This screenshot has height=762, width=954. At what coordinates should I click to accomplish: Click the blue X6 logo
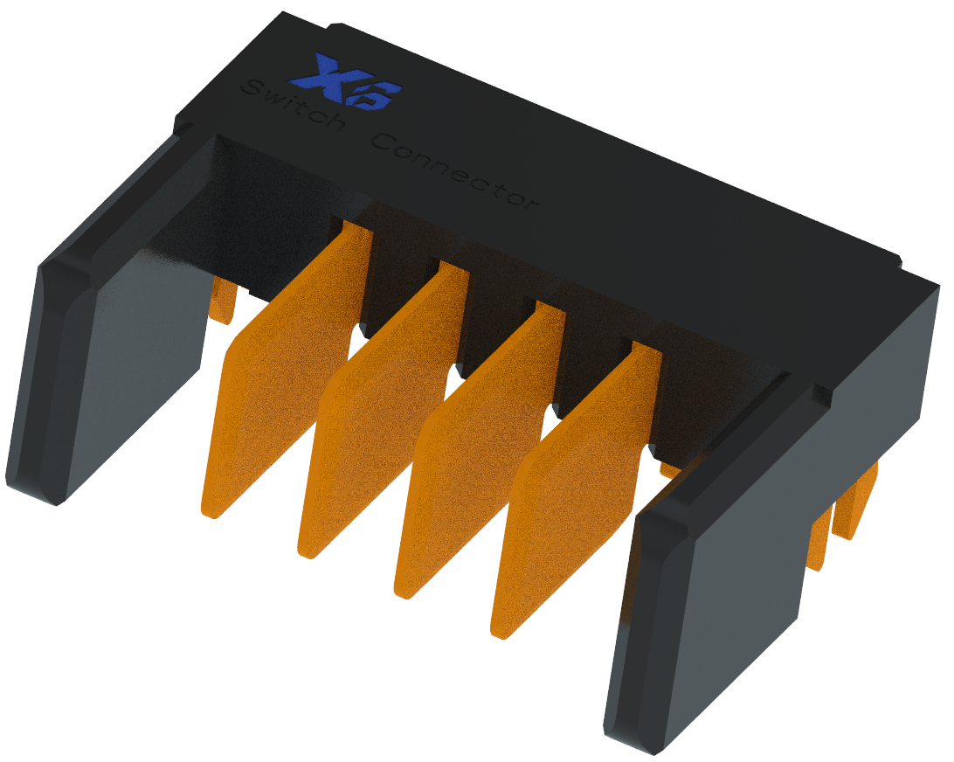click(x=346, y=84)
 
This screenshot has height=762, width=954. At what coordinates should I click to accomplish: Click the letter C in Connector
click(x=382, y=142)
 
